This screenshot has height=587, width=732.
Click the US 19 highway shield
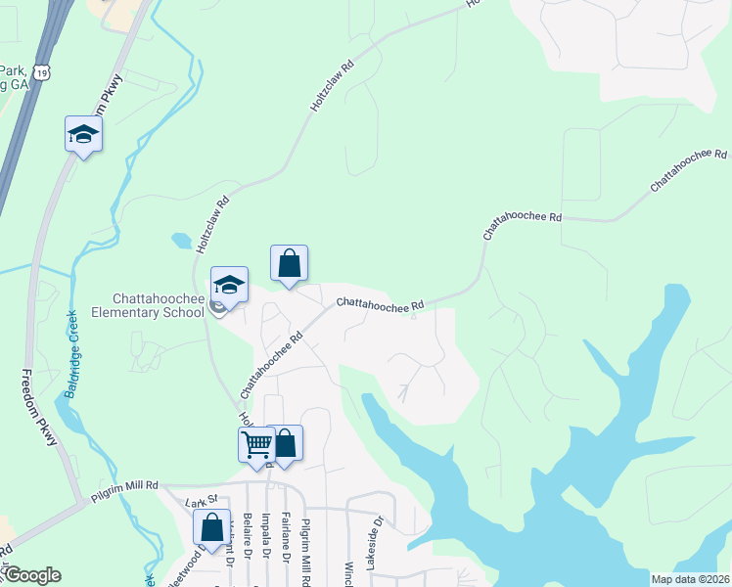(x=39, y=71)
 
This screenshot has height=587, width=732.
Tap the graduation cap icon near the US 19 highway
(x=83, y=134)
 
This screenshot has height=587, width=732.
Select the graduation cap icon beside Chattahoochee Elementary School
(x=229, y=284)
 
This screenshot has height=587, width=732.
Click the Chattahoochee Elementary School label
(x=157, y=306)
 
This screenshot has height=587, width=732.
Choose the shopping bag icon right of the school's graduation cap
(x=290, y=263)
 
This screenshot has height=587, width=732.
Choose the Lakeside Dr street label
(x=371, y=551)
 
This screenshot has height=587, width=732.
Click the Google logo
(x=32, y=575)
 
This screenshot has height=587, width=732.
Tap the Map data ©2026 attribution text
(x=690, y=579)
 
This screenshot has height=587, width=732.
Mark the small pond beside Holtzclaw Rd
(x=182, y=240)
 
